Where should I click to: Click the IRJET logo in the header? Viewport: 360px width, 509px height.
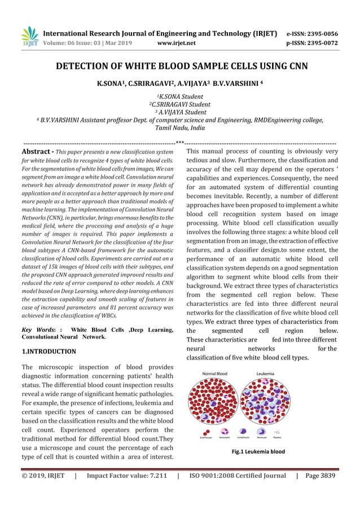tap(30, 37)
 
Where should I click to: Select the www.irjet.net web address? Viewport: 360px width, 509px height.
tap(177, 42)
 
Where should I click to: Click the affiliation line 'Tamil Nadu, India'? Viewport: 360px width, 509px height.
tap(180, 128)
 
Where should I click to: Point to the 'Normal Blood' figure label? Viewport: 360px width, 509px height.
tap(215, 374)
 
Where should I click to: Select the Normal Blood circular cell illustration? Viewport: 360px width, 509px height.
tap(215, 402)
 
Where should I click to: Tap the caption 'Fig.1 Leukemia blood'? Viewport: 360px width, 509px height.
tap(258, 451)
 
